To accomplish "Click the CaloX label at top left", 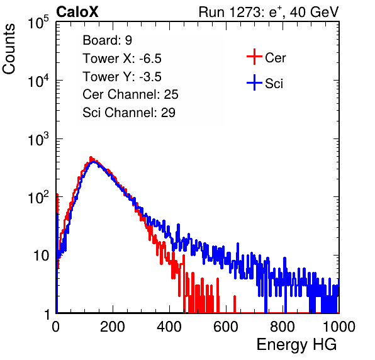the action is (x=77, y=12).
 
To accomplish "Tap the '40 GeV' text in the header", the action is (x=314, y=12).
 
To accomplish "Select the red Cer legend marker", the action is (x=254, y=57).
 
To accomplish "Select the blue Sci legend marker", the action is (x=254, y=82).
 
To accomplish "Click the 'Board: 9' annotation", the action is (x=107, y=40).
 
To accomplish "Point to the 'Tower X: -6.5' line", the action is (x=122, y=59).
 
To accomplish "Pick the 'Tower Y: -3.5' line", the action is (x=122, y=77).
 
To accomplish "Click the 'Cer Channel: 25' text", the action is (x=130, y=94).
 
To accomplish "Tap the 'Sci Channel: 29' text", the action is (x=129, y=113).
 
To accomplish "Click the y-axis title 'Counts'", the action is (x=9, y=49).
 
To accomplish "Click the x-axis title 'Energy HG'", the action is (x=296, y=345).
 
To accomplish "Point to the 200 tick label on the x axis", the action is (x=113, y=327).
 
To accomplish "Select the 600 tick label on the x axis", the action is (x=226, y=327).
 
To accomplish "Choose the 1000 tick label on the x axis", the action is (x=339, y=327).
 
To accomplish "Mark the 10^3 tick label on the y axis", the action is (x=38, y=139).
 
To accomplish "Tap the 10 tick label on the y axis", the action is (x=42, y=256).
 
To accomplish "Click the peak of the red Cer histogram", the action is (x=91, y=158).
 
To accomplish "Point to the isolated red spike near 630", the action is (x=235, y=304).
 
